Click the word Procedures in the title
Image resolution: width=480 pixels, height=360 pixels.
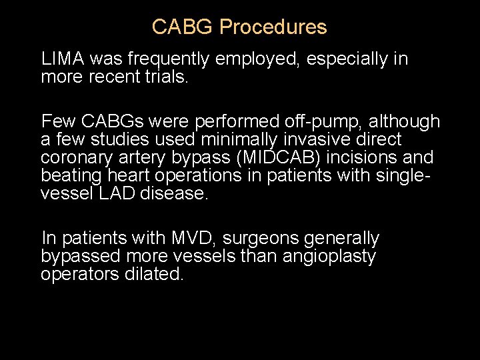point(273,27)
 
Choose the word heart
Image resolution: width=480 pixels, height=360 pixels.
point(121,176)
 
